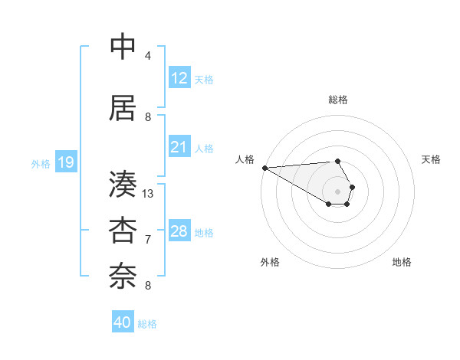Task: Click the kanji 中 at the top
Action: (x=123, y=47)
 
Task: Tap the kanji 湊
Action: (x=123, y=184)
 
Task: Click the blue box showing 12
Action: (x=179, y=78)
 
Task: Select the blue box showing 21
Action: (x=179, y=147)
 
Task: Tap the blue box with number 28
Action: (x=179, y=231)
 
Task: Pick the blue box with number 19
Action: (x=66, y=162)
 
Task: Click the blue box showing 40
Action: (x=123, y=322)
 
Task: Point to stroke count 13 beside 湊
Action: (x=148, y=194)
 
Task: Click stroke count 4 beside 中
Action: (x=148, y=56)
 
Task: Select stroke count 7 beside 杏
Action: (x=148, y=240)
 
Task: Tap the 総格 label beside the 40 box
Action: (x=147, y=324)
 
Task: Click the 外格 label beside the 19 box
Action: (x=41, y=163)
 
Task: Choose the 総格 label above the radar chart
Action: (x=338, y=100)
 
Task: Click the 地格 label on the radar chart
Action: (x=402, y=262)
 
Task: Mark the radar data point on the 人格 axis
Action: (x=264, y=168)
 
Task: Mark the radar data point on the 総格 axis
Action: (x=338, y=161)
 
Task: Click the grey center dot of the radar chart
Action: (x=338, y=191)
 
